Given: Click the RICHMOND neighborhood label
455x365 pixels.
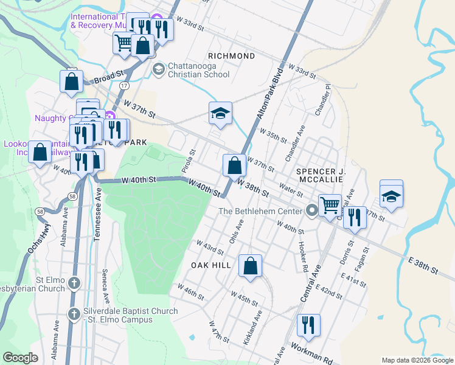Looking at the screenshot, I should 231,56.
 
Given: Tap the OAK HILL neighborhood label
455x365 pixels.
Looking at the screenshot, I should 212,266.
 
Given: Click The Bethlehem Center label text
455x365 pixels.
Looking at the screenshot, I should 260,211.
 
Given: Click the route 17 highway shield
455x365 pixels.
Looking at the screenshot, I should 124,86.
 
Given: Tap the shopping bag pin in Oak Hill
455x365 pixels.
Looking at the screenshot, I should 250,266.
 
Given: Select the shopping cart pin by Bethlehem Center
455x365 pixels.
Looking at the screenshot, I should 330,205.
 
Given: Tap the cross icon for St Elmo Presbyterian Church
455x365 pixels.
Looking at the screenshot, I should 74,283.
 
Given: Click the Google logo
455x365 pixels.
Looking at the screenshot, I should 21,358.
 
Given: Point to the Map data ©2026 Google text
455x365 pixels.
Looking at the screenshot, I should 417,360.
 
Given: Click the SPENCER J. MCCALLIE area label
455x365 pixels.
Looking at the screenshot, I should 321,176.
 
